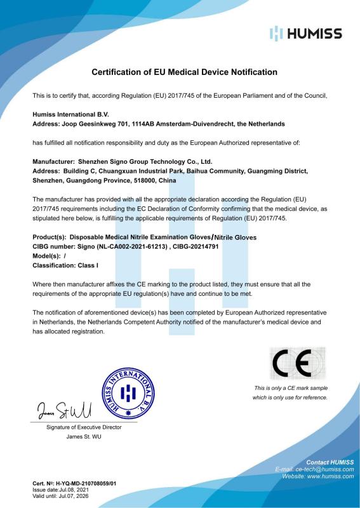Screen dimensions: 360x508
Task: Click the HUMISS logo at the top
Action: tap(305, 34)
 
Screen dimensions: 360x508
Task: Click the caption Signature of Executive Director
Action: tap(84, 427)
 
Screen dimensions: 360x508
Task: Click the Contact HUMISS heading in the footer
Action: tap(330, 462)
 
